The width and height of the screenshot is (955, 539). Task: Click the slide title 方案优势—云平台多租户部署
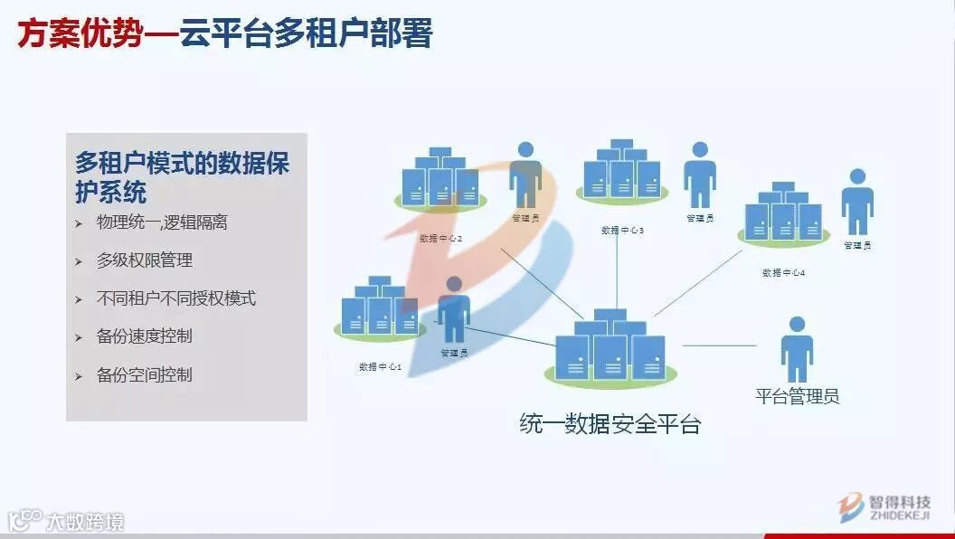pyautogui.click(x=225, y=33)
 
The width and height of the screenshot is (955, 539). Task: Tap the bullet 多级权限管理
pyautogui.click(x=144, y=260)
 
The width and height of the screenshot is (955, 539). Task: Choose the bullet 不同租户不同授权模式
pyautogui.click(x=175, y=298)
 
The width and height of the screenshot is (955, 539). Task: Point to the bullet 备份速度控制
pyautogui.click(x=144, y=336)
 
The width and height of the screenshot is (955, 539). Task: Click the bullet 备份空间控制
pyautogui.click(x=144, y=374)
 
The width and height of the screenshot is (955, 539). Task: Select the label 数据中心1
pyautogui.click(x=380, y=366)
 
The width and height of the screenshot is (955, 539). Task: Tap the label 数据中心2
pyautogui.click(x=441, y=239)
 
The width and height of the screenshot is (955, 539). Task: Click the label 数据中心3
pyautogui.click(x=622, y=231)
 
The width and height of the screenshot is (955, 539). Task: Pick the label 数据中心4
pyautogui.click(x=783, y=273)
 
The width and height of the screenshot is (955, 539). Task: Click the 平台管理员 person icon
pyautogui.click(x=796, y=349)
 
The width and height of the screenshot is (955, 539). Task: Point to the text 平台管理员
pyautogui.click(x=797, y=396)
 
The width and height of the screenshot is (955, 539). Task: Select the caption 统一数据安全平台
pyautogui.click(x=610, y=423)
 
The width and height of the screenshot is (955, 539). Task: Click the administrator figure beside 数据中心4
pyautogui.click(x=857, y=202)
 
